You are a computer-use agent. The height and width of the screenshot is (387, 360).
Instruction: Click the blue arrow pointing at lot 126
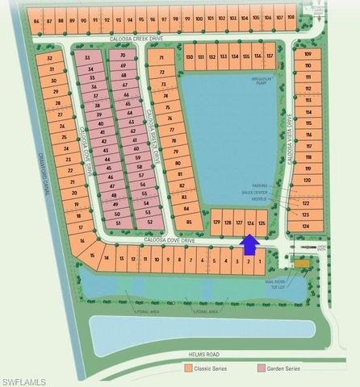click(250, 242)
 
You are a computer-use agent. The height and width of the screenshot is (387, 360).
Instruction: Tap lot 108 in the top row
click(291, 17)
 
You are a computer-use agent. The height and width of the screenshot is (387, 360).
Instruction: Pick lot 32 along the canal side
click(50, 58)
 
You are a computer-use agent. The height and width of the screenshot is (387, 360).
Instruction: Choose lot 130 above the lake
click(189, 57)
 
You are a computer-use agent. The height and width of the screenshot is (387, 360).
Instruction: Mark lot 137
click(269, 57)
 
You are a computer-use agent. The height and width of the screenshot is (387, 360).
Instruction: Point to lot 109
click(308, 55)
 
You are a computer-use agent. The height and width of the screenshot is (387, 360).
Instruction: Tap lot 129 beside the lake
click(216, 222)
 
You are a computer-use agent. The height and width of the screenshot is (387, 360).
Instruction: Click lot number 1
click(259, 261)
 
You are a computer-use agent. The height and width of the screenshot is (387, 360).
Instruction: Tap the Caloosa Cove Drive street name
click(166, 239)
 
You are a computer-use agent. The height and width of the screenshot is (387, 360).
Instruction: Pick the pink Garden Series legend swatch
click(261, 368)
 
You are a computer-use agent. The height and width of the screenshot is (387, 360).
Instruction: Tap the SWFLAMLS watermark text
click(25, 381)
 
